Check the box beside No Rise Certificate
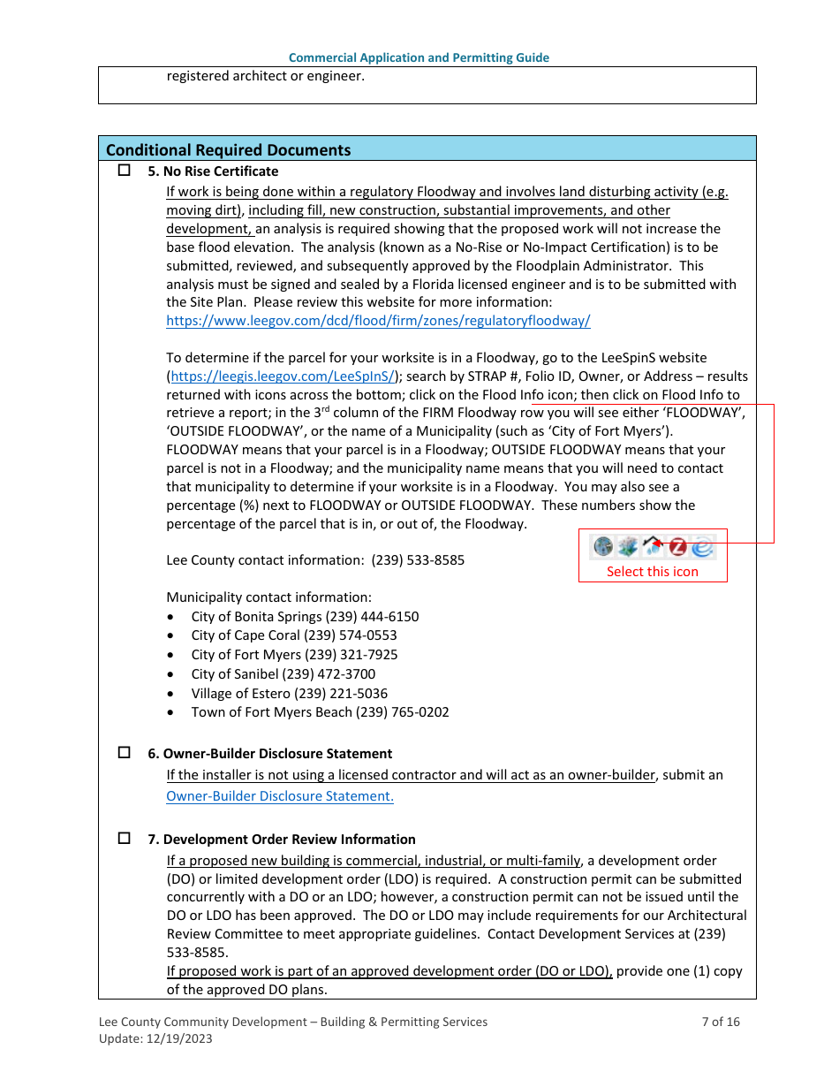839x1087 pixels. pos(125,170)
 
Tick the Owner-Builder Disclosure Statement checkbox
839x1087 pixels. pos(125,752)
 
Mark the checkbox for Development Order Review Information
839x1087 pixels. pos(125,838)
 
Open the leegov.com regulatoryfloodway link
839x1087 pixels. pos(378,321)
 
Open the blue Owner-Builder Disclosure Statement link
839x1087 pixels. pos(280,795)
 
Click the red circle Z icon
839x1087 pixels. pos(677,547)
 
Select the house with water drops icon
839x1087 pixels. pos(653,547)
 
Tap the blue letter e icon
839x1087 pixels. pos(702,547)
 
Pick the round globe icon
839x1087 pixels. pos(603,547)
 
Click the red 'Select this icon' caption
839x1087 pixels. pos(652,572)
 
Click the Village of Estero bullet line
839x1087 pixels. pos(289,694)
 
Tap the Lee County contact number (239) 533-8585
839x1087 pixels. pos(418,560)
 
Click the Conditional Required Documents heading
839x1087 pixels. pos(228,149)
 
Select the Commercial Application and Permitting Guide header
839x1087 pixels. pos(419,57)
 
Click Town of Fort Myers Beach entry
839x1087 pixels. pos(320,712)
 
